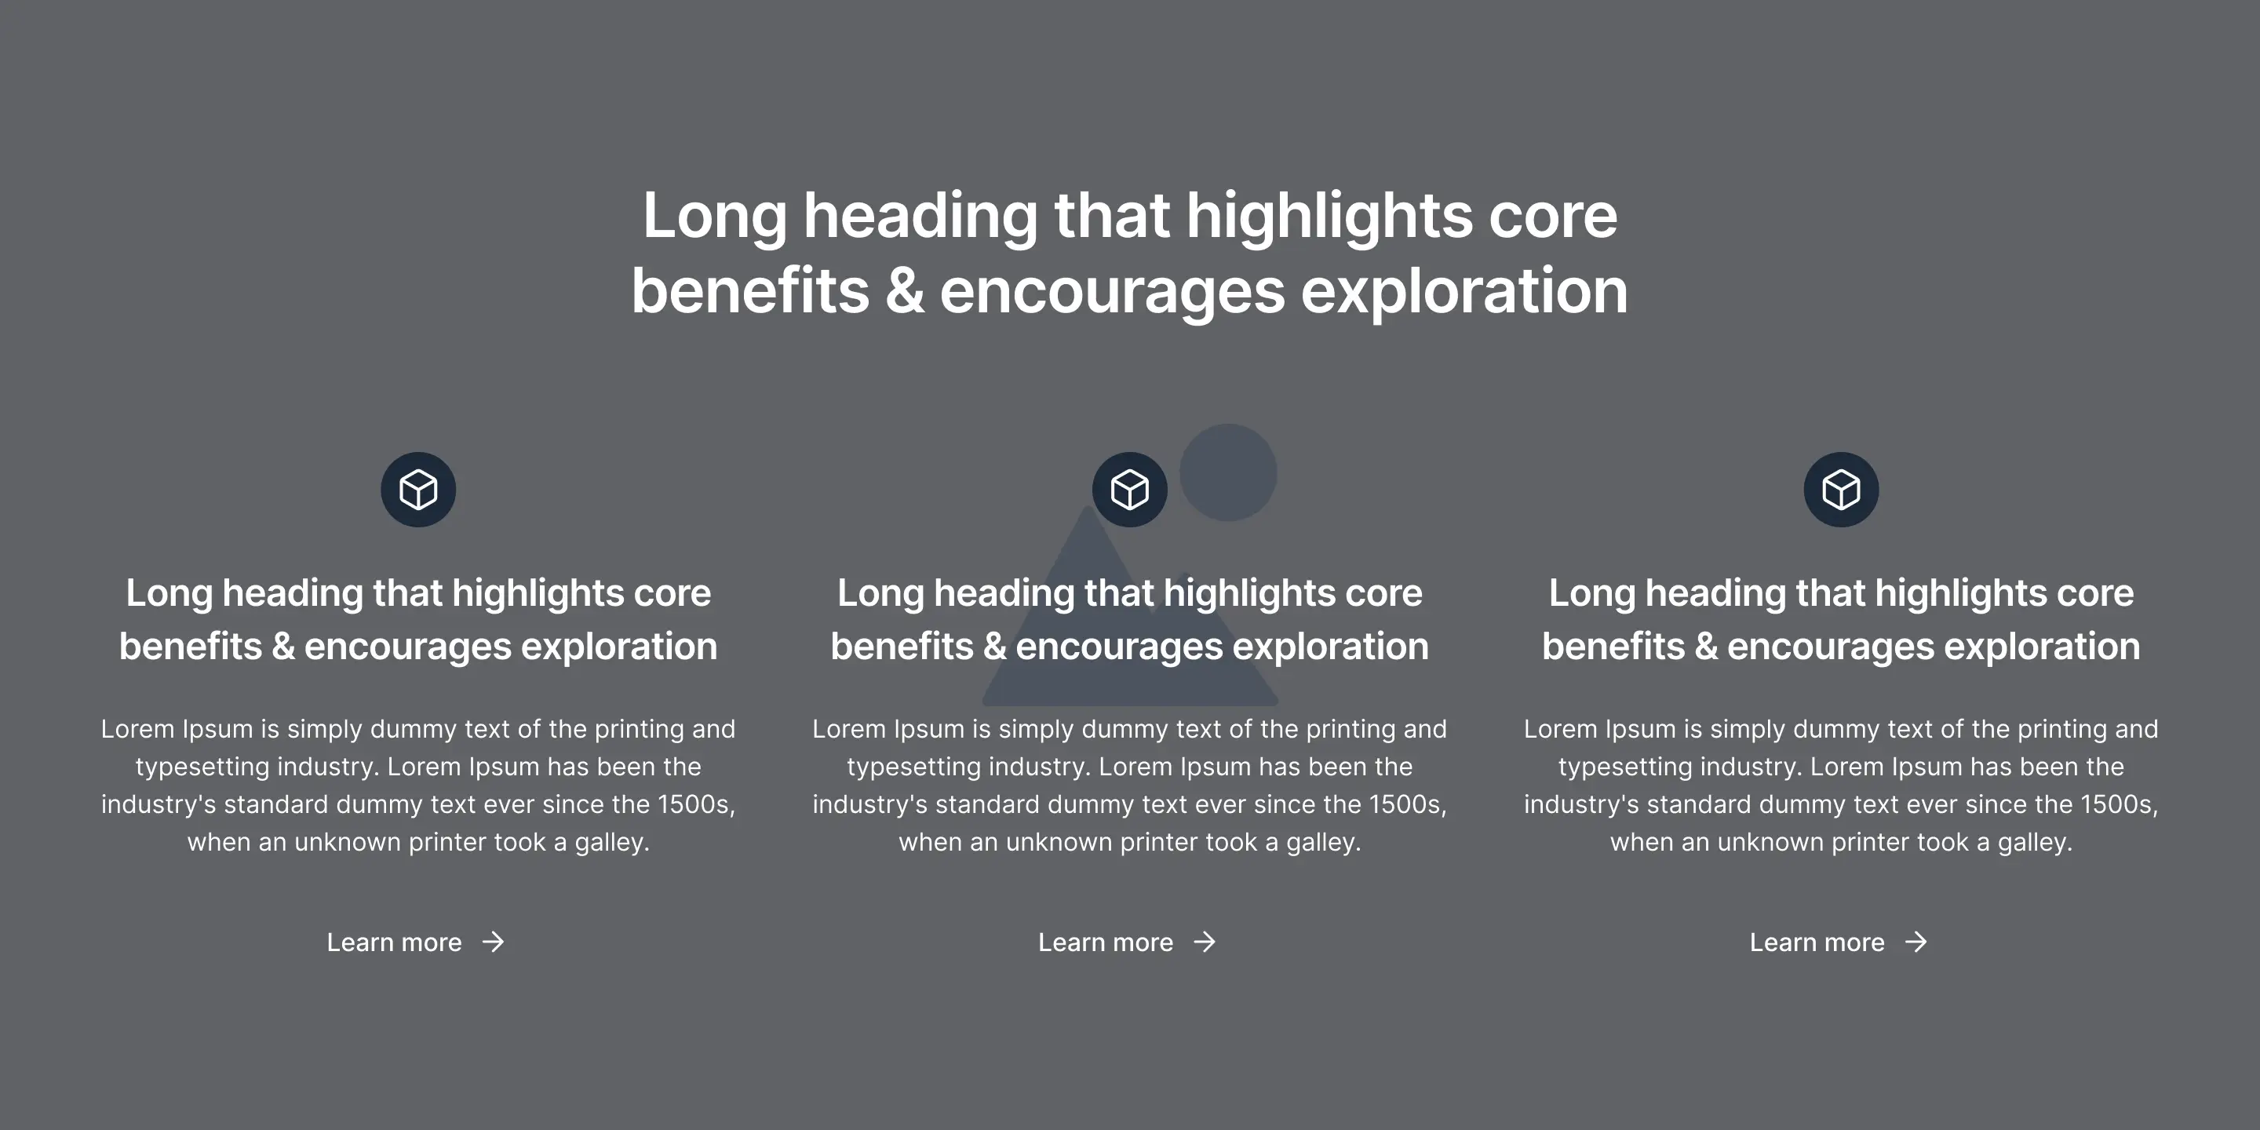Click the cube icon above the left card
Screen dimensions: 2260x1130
pyautogui.click(x=417, y=490)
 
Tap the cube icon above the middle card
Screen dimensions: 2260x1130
pyautogui.click(x=1130, y=490)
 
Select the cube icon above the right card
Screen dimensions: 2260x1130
pyautogui.click(x=1841, y=490)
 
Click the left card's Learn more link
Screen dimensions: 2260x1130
pyautogui.click(x=394, y=942)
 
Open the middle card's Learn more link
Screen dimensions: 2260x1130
pyautogui.click(x=1106, y=942)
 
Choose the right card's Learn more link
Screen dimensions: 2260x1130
pyautogui.click(x=1817, y=942)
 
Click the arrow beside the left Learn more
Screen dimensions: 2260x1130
pyautogui.click(x=494, y=942)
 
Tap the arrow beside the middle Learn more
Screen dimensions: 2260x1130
pyautogui.click(x=1205, y=942)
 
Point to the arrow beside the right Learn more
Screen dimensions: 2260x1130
pyautogui.click(x=1917, y=942)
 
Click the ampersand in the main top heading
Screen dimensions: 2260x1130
pyautogui.click(x=905, y=291)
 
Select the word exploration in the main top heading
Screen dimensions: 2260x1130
pyautogui.click(x=1464, y=291)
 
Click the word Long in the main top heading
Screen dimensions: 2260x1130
pyautogui.click(x=715, y=217)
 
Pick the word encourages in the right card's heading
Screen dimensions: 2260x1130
pyautogui.click(x=1843, y=647)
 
